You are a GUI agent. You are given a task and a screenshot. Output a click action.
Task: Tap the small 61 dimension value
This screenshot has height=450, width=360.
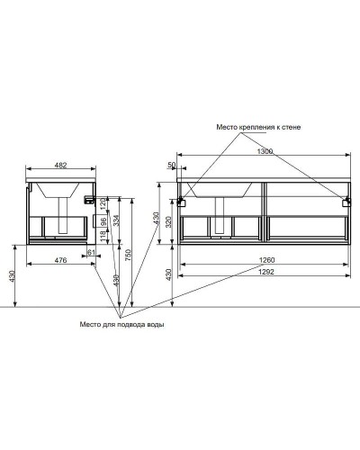tap(92, 253)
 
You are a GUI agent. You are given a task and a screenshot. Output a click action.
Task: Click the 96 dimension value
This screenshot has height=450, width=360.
tap(103, 220)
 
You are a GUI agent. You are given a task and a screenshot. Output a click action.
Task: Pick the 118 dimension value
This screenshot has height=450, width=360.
tap(103, 236)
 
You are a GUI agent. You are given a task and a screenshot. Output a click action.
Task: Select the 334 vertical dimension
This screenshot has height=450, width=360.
tap(116, 221)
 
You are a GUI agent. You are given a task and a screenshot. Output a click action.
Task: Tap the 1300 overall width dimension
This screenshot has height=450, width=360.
tap(264, 154)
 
